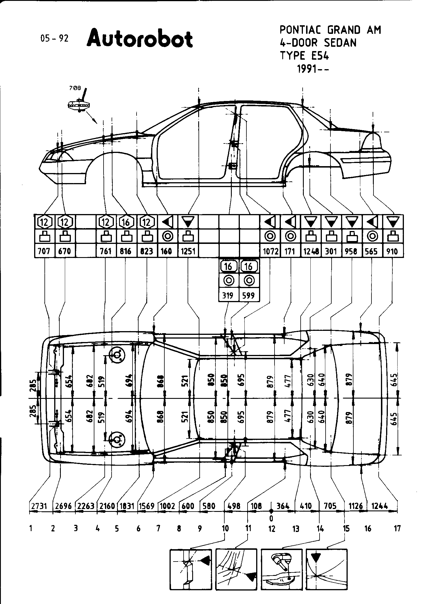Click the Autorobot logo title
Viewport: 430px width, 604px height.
(139, 38)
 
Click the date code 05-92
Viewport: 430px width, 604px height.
(55, 38)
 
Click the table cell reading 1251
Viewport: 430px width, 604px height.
(188, 251)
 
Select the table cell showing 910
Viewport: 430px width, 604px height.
(392, 251)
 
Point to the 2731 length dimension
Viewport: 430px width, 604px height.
(39, 506)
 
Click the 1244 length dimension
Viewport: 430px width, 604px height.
(380, 506)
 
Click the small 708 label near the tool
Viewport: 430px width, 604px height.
(75, 88)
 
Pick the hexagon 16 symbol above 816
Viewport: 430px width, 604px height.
(126, 222)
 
